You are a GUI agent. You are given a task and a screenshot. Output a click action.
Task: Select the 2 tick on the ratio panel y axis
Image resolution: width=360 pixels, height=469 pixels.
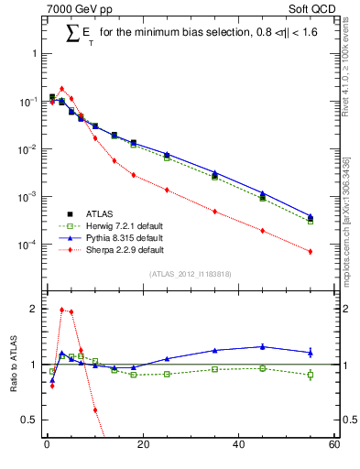pos(35,309)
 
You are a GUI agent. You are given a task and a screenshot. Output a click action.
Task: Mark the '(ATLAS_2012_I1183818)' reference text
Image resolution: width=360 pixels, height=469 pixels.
pos(190,274)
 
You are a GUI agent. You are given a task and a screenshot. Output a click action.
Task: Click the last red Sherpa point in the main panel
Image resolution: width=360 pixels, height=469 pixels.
pos(311,251)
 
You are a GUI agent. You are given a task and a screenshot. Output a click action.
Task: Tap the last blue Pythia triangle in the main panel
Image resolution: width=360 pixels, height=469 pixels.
pos(311,216)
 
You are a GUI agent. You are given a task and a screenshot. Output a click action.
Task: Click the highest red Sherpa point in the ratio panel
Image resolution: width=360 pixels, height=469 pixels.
pos(61,310)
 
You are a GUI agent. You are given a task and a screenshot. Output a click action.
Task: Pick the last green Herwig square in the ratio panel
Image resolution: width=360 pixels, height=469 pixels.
pos(311,375)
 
